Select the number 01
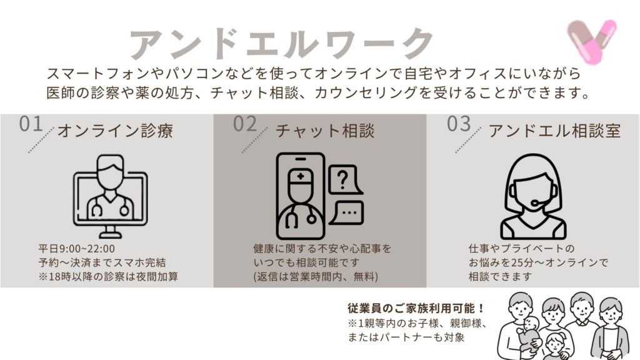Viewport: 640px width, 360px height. click(31, 124)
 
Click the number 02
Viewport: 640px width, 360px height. click(245, 124)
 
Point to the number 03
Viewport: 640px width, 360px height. click(459, 124)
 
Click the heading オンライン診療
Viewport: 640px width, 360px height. click(116, 131)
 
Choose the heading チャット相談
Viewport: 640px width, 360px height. click(325, 131)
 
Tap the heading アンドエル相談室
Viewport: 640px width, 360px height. click(555, 131)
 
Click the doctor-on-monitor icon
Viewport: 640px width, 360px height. click(110, 196)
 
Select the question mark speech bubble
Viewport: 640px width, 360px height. click(345, 179)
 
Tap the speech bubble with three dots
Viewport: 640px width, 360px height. click(347, 212)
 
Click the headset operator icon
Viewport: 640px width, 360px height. click(534, 196)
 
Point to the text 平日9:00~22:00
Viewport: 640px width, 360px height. click(77, 249)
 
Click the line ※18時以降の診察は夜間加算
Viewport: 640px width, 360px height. click(108, 276)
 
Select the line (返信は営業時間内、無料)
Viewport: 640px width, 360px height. click(316, 276)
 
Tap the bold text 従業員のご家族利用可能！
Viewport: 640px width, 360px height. click(416, 308)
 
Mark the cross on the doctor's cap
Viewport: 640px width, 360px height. click(301, 176)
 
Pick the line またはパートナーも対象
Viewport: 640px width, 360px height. click(406, 337)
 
